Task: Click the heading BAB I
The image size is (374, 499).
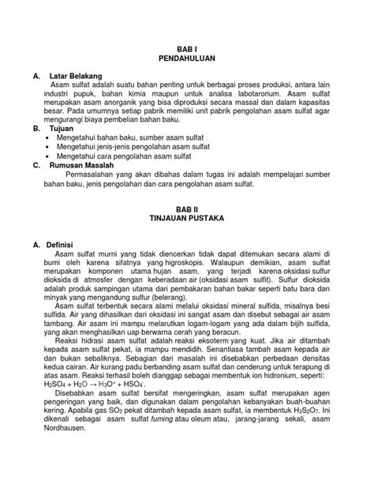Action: [188, 48]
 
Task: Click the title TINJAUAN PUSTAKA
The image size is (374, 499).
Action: [188, 216]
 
